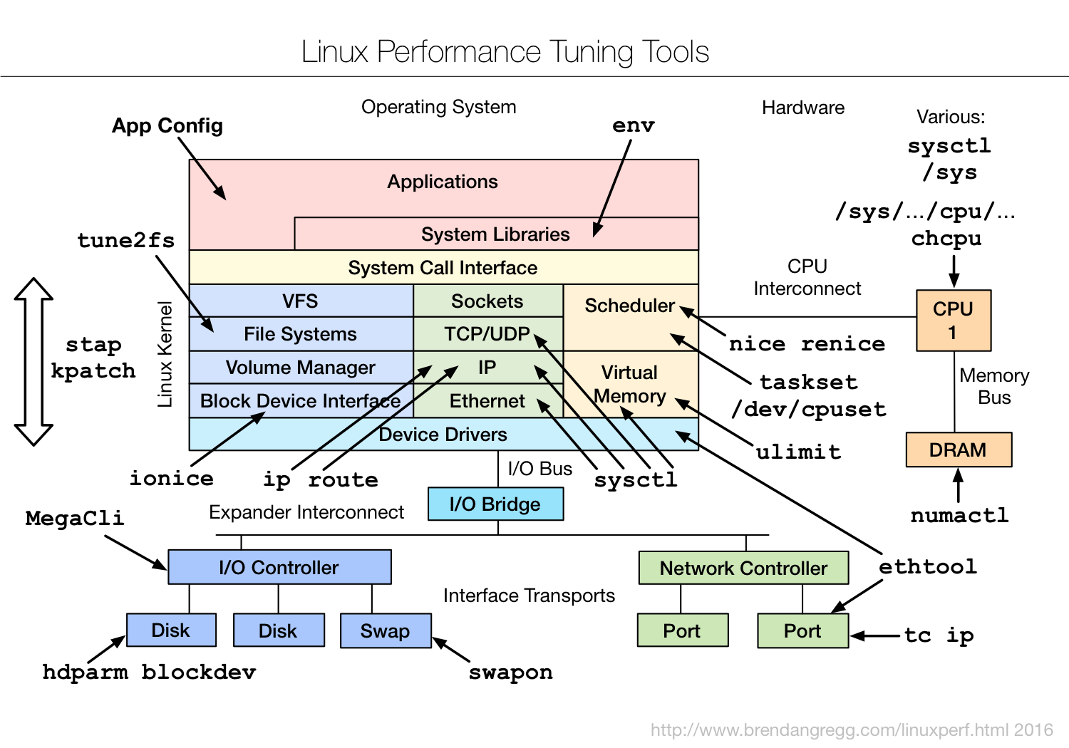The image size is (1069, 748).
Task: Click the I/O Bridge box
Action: point(495,504)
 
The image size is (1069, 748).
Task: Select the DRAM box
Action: point(959,450)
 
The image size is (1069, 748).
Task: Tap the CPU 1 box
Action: point(953,321)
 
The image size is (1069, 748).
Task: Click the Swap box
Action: point(386,631)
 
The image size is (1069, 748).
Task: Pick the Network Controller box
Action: point(743,568)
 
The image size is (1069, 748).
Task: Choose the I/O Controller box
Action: point(279,568)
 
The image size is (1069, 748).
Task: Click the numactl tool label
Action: point(959,515)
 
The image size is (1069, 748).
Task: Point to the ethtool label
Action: point(927,566)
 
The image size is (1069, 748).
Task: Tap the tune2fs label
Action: point(126,240)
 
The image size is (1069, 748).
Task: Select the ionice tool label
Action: point(171,478)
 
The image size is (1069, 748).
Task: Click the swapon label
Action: point(510,672)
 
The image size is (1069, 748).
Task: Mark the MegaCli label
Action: point(75,518)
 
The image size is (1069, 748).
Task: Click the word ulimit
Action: point(798,452)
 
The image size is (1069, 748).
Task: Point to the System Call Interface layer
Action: point(443,268)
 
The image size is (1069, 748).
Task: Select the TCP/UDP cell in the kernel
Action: point(487,334)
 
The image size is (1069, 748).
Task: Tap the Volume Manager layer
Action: point(300,368)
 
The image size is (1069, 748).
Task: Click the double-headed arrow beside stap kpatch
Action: point(33,362)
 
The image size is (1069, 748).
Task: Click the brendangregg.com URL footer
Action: point(852,730)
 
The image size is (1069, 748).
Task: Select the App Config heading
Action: point(167,126)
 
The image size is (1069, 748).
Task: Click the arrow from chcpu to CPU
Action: point(954,271)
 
